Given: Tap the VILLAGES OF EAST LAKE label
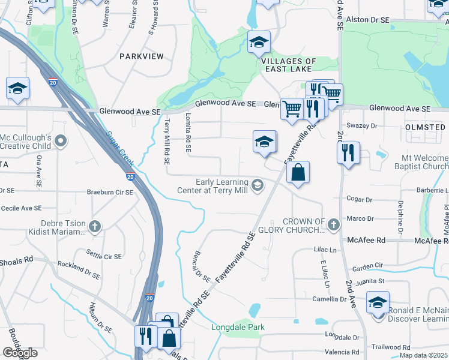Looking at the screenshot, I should pyautogui.click(x=289, y=65).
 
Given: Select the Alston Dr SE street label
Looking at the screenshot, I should pyautogui.click(x=368, y=20).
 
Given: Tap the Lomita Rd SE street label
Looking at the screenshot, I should pyautogui.click(x=188, y=132).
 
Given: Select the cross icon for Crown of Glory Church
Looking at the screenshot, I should pyautogui.click(x=334, y=226).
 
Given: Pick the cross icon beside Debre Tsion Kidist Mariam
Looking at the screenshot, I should pyautogui.click(x=94, y=226).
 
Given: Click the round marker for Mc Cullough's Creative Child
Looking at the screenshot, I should pyautogui.click(x=60, y=142).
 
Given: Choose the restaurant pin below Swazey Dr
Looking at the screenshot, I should pyautogui.click(x=348, y=154).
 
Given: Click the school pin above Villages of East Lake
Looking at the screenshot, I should pyautogui.click(x=259, y=43).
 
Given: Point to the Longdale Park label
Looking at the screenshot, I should pyautogui.click(x=238, y=327).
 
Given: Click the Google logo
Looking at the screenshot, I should pyautogui.click(x=20, y=353).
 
